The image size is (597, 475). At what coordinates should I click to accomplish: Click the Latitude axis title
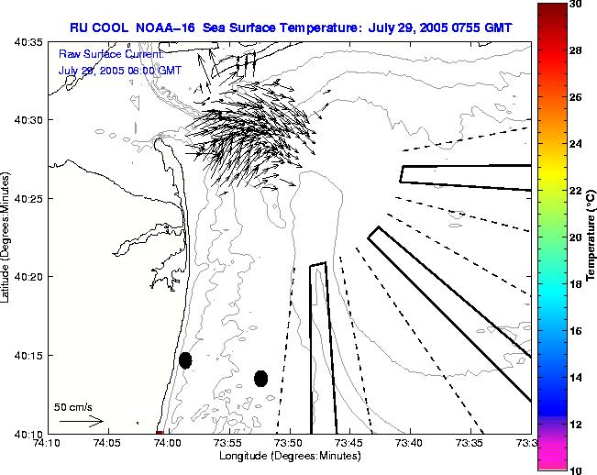[8, 237]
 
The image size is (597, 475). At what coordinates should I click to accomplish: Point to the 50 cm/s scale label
[73, 406]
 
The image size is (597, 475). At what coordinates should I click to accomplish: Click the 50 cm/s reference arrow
[81, 421]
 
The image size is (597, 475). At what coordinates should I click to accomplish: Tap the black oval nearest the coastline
[185, 360]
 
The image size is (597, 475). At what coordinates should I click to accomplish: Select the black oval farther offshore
[260, 378]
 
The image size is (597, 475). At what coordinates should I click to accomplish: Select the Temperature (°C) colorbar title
[591, 237]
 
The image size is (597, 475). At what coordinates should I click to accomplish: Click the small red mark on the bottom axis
[160, 432]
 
